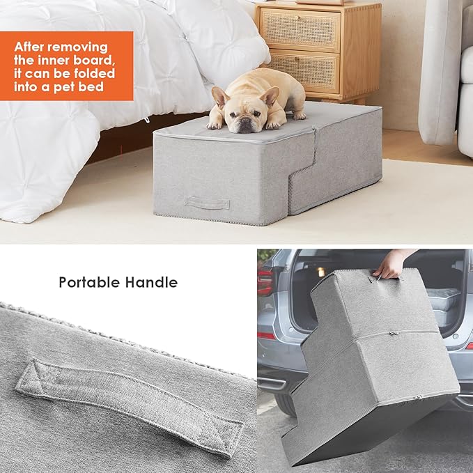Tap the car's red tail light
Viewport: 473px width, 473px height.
pyautogui.click(x=265, y=282)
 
